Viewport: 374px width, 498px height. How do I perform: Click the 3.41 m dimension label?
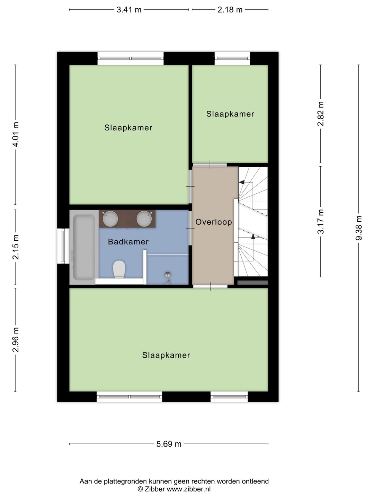coord(129,10)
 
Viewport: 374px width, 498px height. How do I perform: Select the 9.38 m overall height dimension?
coord(359,228)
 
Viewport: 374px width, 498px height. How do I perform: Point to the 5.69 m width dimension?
coord(169,444)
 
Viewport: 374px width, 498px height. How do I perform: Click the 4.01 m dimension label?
coord(16,135)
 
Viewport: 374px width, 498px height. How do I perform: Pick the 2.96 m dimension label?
coord(16,340)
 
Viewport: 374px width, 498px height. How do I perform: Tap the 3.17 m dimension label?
coord(321,222)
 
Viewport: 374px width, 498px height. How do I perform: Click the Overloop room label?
coord(214,222)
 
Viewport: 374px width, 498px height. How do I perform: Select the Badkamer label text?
coord(128,242)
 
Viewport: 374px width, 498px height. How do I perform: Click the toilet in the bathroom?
coord(119,269)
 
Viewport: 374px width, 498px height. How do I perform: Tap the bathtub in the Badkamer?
coord(83,247)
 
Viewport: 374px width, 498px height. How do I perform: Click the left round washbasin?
coord(110,219)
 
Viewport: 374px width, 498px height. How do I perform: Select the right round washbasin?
coord(144,219)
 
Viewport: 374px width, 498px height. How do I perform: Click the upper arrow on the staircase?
coord(241,182)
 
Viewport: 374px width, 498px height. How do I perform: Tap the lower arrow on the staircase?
coord(253,237)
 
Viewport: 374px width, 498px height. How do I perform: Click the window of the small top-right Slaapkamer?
coord(232,58)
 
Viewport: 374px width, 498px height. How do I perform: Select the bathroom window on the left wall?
coord(63,246)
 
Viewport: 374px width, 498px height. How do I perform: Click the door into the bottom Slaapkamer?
coord(210,286)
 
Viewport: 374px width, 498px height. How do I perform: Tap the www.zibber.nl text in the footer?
coord(189,489)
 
